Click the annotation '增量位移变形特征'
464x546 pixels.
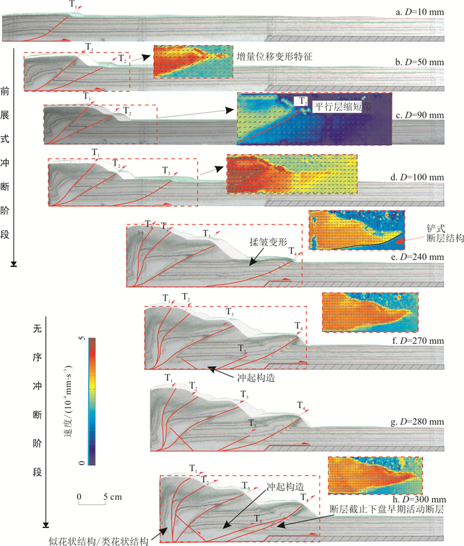[x=274, y=58]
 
